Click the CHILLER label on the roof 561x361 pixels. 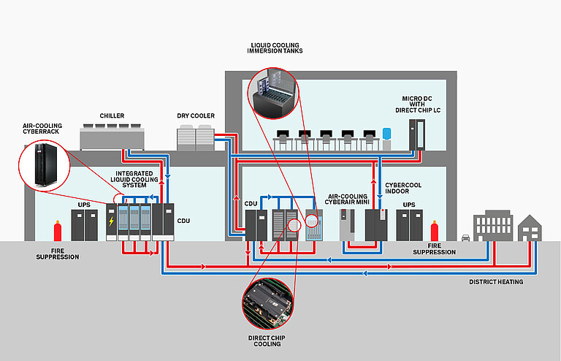pyautogui.click(x=112, y=115)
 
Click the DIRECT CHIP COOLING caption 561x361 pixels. pyautogui.click(x=266, y=341)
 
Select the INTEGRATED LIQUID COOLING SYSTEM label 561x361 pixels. pyautogui.click(x=135, y=179)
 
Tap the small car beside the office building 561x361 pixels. pyautogui.click(x=465, y=237)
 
